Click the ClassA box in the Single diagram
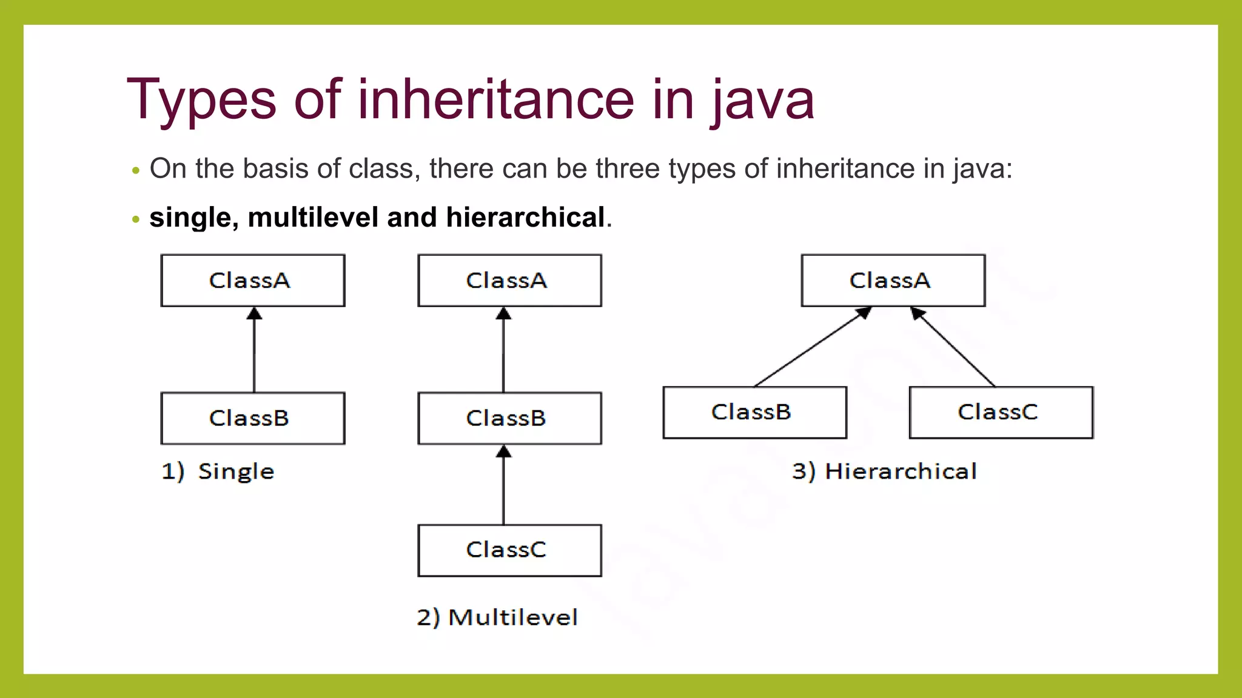click(x=253, y=281)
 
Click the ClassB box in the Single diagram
click(x=253, y=418)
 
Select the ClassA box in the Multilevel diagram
click(x=509, y=281)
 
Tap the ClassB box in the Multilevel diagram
click(x=509, y=418)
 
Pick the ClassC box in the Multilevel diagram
click(x=509, y=550)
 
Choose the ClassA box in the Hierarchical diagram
click(x=893, y=281)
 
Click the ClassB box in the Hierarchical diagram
click(x=754, y=413)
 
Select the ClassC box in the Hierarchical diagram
click(x=1001, y=413)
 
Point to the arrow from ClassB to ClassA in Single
click(x=254, y=351)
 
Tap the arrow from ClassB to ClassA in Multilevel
click(x=503, y=351)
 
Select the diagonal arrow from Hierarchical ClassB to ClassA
click(x=813, y=347)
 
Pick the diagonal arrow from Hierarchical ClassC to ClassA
click(x=953, y=347)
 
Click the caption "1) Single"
click(x=218, y=471)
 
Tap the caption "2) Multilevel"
click(x=497, y=617)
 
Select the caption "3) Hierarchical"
click(x=884, y=471)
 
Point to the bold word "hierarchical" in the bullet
click(x=525, y=218)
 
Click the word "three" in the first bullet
click(x=628, y=168)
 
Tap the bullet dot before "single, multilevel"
click(x=136, y=219)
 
